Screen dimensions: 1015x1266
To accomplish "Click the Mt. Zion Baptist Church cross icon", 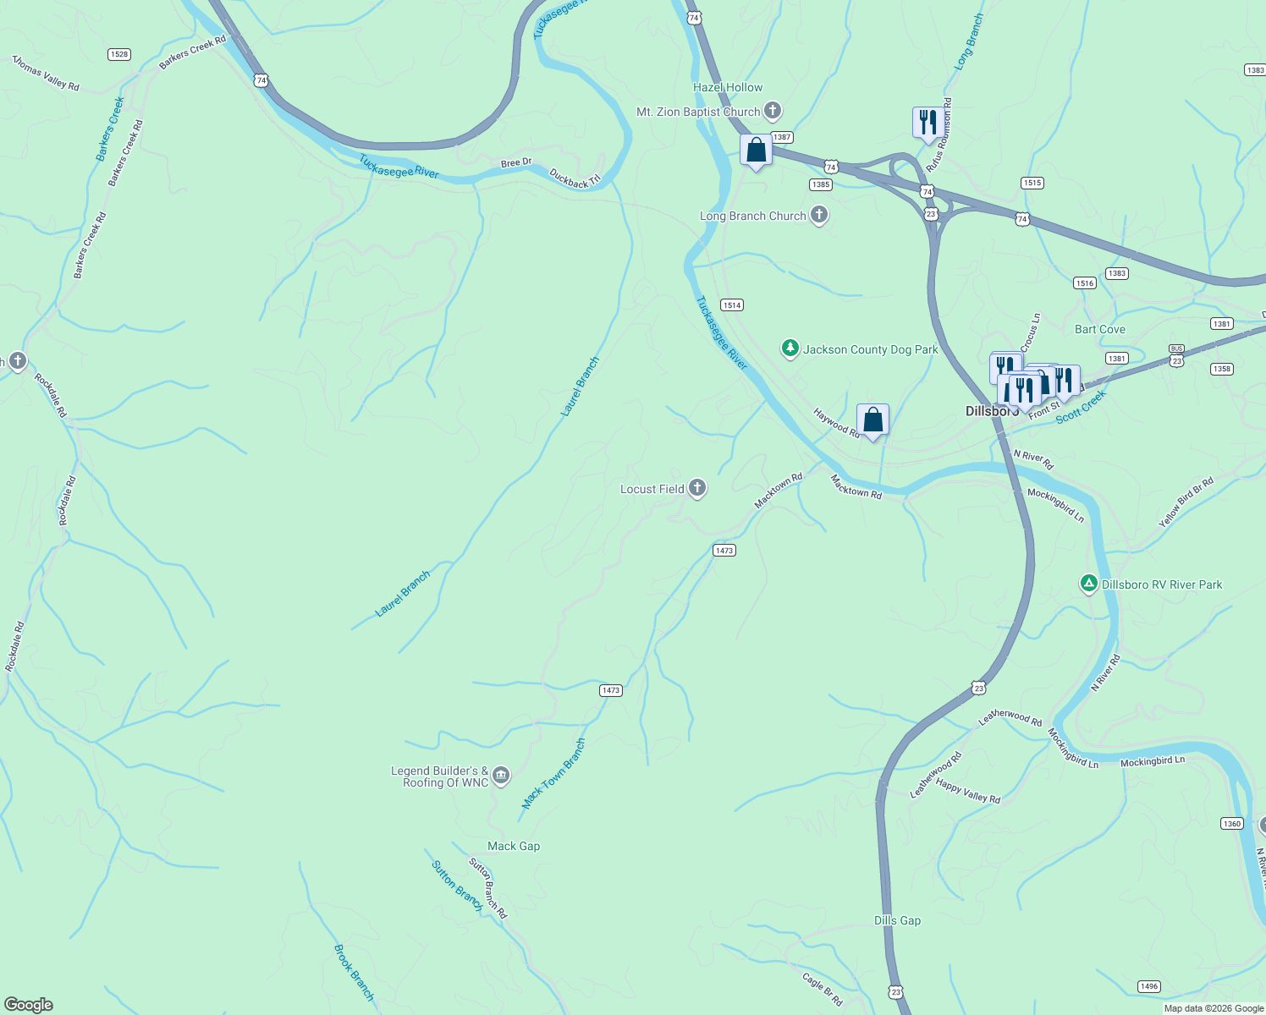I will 772,111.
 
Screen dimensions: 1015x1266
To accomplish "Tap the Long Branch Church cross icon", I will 818,215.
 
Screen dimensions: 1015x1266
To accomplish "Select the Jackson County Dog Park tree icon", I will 790,348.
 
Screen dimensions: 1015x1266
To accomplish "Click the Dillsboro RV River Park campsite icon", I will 1089,584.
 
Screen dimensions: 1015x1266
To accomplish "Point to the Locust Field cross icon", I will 697,488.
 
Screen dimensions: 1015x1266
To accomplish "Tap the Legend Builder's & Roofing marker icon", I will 501,776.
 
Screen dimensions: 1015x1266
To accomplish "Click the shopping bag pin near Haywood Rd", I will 872,420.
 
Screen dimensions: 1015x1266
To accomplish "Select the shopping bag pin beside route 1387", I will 756,151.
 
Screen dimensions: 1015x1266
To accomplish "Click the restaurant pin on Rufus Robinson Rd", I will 928,123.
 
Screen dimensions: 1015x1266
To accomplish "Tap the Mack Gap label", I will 514,846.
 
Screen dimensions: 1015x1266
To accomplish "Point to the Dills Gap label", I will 897,920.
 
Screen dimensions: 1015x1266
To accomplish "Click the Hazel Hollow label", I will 728,87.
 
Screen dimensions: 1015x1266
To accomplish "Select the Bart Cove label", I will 1100,329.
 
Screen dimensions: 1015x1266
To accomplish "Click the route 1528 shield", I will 119,54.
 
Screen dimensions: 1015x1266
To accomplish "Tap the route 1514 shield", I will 732,304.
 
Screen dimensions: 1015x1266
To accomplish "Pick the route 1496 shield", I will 1148,986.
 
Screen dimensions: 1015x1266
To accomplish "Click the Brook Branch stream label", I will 354,973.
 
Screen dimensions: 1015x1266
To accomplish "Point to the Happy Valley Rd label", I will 968,792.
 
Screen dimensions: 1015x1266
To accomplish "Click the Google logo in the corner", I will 29,1005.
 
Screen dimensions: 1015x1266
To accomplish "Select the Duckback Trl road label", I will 575,178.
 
